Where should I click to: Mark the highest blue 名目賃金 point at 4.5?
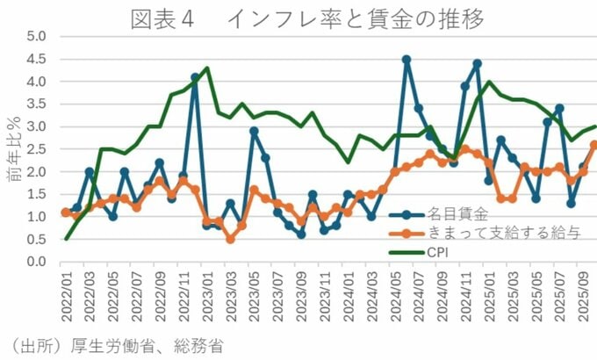[406, 60]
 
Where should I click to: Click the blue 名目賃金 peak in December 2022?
[195, 77]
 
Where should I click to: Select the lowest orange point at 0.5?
[230, 239]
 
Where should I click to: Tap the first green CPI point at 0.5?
[67, 239]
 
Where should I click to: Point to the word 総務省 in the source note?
[198, 346]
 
